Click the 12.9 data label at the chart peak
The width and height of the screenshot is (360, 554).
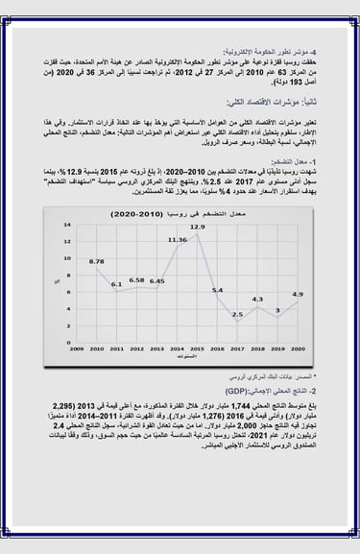pos(197,227)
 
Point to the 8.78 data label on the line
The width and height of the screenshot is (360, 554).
pos(96,260)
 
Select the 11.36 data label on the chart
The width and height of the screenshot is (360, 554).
pos(177,239)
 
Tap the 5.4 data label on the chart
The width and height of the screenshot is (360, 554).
pos(217,289)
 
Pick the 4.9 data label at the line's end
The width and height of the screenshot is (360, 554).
pos(298,294)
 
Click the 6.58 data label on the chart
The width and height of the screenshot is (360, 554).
pos(136,279)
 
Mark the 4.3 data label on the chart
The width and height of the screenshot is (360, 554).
pos(257,299)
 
